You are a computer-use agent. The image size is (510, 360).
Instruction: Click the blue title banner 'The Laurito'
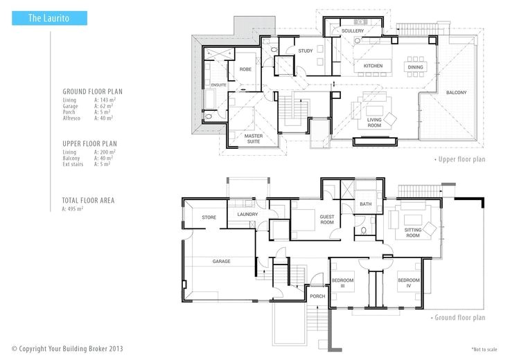(x=49, y=18)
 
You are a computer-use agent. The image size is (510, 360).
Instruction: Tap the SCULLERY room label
(x=353, y=31)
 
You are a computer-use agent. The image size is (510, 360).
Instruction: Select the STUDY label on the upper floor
(x=306, y=51)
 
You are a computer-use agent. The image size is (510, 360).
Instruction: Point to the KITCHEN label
(x=373, y=66)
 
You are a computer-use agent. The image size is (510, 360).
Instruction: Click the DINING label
(x=415, y=67)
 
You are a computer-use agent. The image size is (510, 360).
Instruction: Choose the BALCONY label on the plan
(x=457, y=93)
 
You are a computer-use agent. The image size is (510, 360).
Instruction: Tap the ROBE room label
(x=245, y=69)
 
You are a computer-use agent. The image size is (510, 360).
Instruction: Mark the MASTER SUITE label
(x=254, y=138)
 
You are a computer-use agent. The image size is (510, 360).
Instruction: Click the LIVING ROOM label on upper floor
(x=374, y=123)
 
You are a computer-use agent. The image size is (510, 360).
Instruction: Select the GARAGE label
(x=222, y=261)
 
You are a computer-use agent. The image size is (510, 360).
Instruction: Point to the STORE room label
(x=209, y=217)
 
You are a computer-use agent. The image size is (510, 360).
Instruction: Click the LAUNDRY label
(x=247, y=215)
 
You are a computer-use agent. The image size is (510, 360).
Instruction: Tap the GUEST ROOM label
(x=327, y=219)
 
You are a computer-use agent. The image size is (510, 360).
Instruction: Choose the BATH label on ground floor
(x=366, y=204)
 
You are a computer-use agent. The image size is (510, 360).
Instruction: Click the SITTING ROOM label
(x=413, y=233)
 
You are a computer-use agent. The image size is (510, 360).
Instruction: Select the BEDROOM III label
(x=342, y=283)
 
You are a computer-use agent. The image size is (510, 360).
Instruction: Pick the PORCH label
(x=317, y=296)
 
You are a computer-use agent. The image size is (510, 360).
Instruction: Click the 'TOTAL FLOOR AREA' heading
(x=88, y=201)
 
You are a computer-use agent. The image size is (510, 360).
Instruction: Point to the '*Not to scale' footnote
(x=484, y=350)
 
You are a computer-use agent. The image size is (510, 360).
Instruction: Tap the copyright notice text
(x=67, y=349)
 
